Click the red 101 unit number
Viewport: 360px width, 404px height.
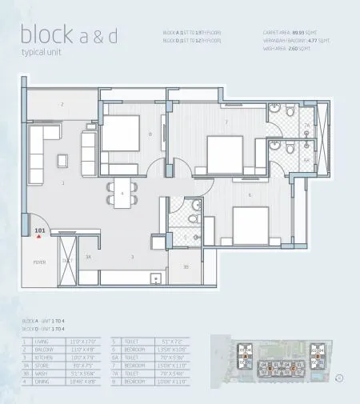[42, 230]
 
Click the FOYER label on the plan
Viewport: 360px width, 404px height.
[38, 262]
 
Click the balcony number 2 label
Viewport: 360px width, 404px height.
[62, 104]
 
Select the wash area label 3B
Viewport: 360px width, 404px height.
[185, 266]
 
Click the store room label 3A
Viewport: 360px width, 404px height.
[88, 257]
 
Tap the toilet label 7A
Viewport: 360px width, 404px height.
[306, 126]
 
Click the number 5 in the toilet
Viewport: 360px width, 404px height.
[185, 238]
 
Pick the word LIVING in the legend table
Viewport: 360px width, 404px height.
[54, 341]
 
